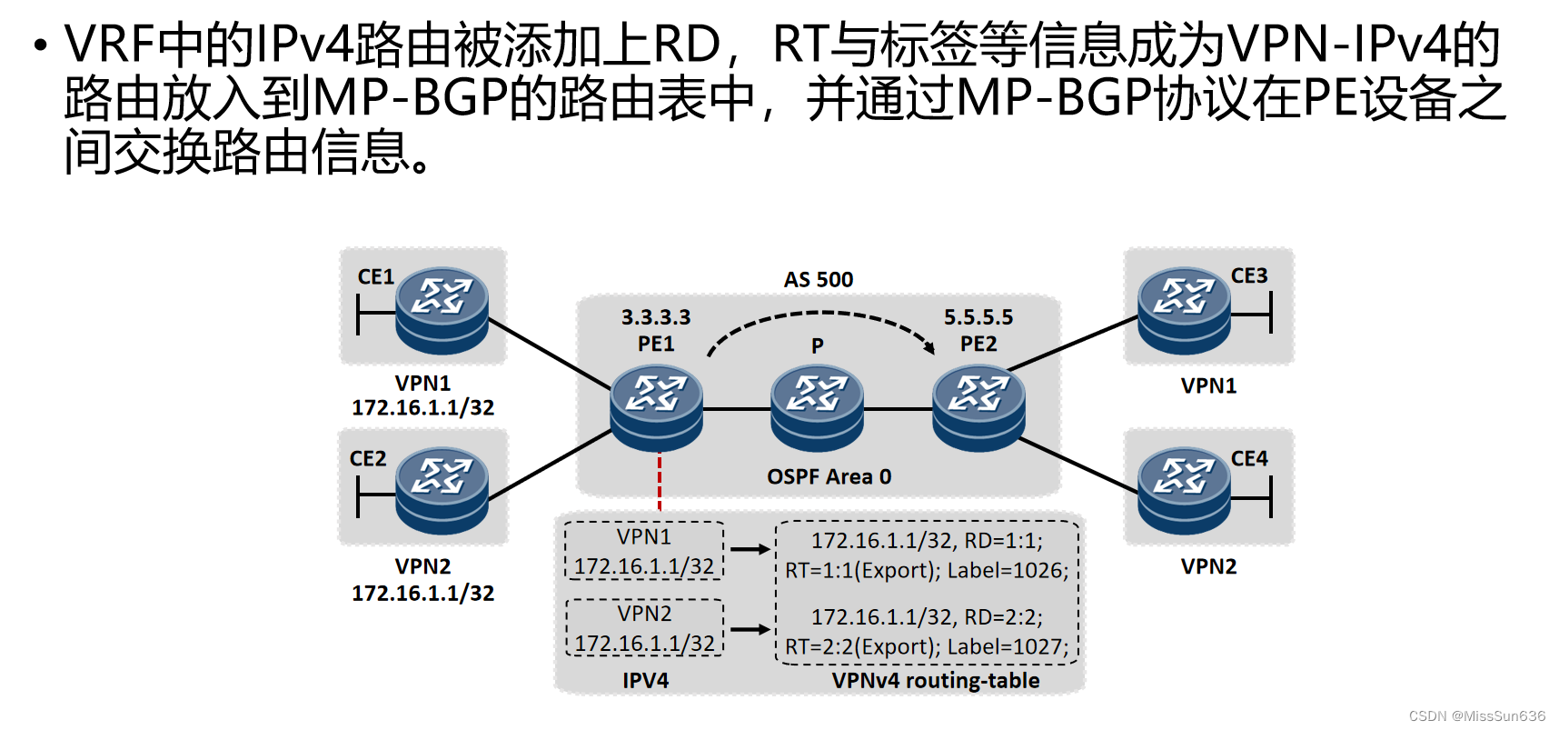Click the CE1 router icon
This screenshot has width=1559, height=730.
coord(442,310)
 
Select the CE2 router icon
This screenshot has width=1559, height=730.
coord(442,490)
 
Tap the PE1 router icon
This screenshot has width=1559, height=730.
coord(656,408)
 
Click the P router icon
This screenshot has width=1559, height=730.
coord(817,408)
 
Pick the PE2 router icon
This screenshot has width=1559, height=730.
coord(978,408)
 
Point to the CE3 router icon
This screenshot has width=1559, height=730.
coord(1184,310)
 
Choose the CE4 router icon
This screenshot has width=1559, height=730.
coord(1184,490)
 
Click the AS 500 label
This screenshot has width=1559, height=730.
coord(819,280)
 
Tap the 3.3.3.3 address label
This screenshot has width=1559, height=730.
coord(656,317)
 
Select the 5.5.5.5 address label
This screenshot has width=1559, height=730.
coord(978,317)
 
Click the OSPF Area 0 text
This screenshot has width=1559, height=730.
coord(829,476)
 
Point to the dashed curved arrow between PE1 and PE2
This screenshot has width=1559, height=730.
coord(820,315)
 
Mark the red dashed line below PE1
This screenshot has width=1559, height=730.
coord(660,481)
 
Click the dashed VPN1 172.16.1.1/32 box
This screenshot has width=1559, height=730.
coord(644,551)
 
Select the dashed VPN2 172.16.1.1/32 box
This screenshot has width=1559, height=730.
coord(644,627)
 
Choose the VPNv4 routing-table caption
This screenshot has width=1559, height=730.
coord(936,681)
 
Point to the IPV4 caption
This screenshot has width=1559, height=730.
coord(645,681)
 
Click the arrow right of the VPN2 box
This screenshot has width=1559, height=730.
coord(750,629)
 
